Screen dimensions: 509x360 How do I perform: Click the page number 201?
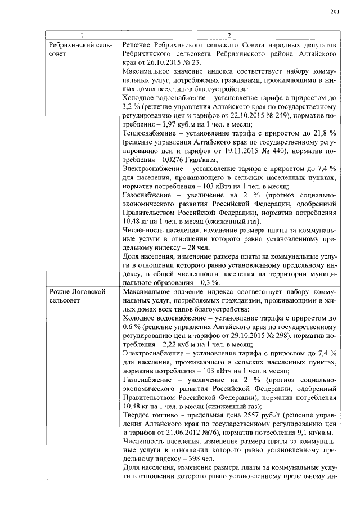coord(334,12)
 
